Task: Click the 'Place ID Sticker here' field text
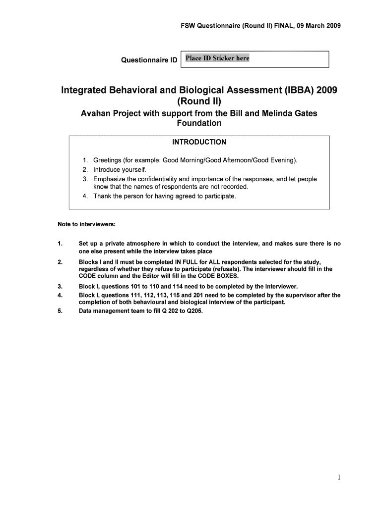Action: tap(217, 58)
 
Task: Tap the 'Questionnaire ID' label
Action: tap(149, 60)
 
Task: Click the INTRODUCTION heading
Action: tap(199, 142)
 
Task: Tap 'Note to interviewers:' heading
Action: tap(87, 224)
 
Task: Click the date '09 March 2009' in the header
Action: tap(317, 26)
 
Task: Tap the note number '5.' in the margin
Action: tap(60, 311)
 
